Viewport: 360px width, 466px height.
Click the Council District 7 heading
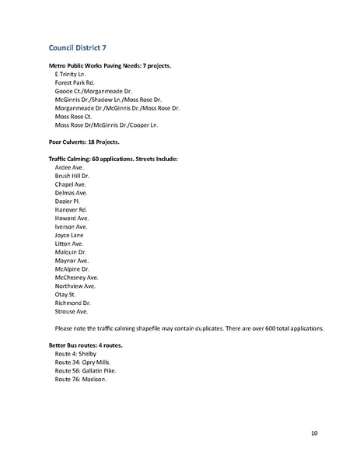point(78,47)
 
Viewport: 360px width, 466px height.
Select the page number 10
point(313,433)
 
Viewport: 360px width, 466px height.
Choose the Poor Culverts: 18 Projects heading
point(85,142)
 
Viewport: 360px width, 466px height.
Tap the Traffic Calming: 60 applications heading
point(114,159)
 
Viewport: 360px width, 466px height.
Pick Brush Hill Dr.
point(72,176)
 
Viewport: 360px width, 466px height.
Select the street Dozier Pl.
point(67,201)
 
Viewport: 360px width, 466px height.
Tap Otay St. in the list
point(65,294)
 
